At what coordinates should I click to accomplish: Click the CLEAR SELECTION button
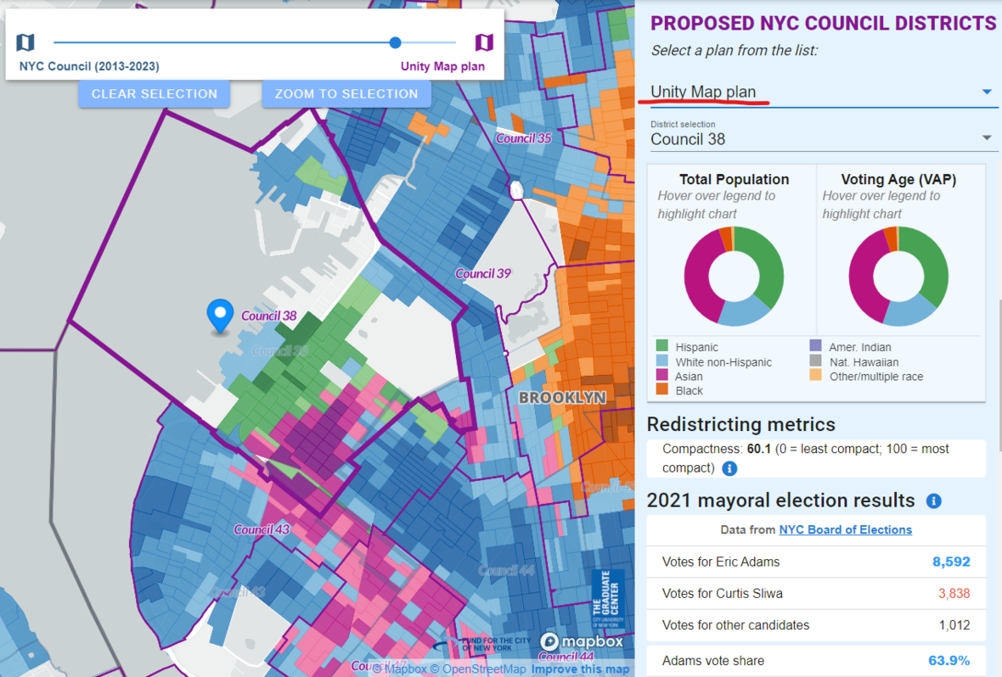[155, 94]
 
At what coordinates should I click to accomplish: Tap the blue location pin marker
[221, 315]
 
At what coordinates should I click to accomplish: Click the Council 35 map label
[523, 138]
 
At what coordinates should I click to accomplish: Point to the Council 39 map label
[483, 273]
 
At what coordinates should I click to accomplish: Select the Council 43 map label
[262, 529]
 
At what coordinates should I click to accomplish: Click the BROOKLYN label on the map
[562, 397]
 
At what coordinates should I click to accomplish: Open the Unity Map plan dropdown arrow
[986, 92]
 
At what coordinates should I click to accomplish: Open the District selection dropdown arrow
[986, 138]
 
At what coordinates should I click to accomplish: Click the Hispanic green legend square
[661, 346]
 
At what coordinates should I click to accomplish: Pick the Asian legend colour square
[661, 376]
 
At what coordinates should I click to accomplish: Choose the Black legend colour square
[661, 390]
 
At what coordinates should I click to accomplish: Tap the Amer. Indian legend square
[816, 346]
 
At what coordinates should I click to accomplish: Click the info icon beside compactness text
[729, 468]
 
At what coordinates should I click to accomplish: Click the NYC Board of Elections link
[845, 529]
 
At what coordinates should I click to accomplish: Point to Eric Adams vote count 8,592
[950, 562]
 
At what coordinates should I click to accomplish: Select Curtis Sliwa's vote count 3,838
[954, 593]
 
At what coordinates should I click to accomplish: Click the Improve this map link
[580, 669]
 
